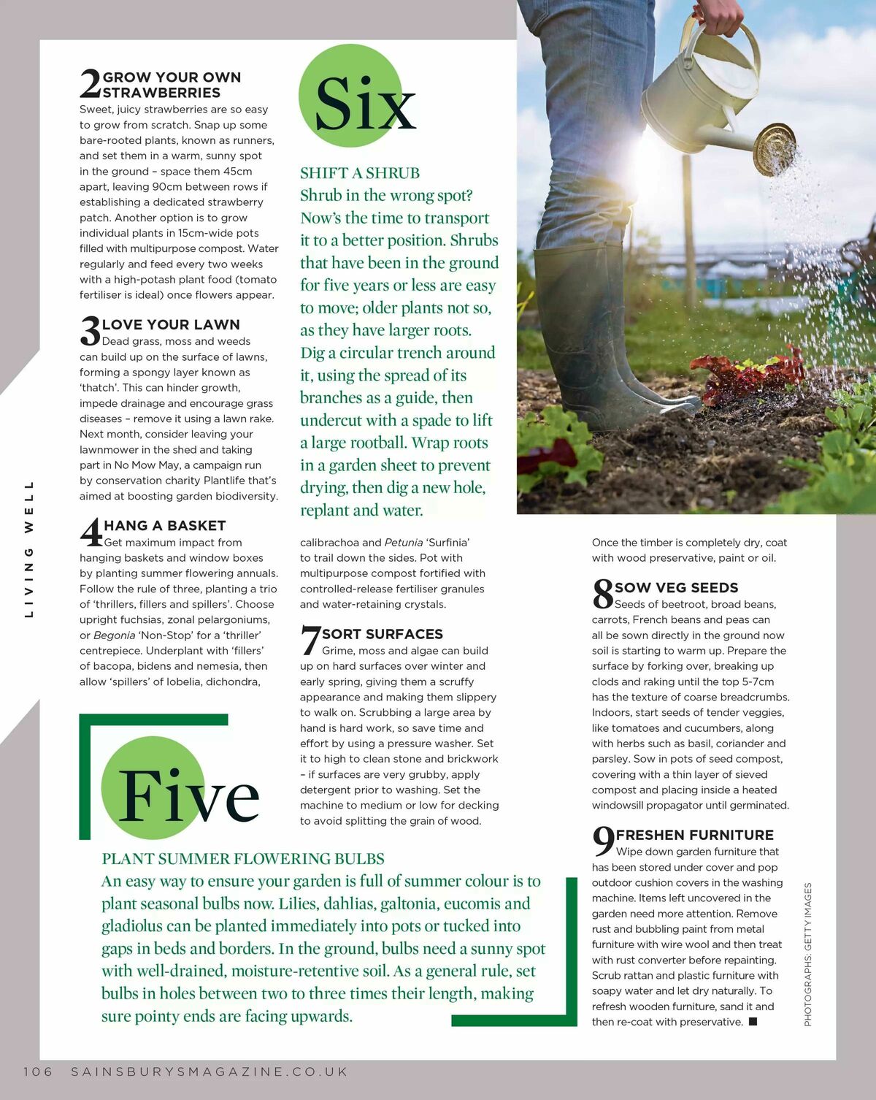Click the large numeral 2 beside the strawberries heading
coord(91,83)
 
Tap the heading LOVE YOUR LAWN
coord(171,324)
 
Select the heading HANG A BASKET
coord(165,525)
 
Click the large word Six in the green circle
coord(365,104)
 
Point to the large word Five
coord(188,795)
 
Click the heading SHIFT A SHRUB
coord(360,173)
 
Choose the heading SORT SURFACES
coord(383,634)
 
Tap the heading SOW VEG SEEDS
coord(677,587)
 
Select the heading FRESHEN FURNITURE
coord(695,835)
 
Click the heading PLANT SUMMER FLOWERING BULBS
coord(243,859)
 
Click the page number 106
coord(38,1072)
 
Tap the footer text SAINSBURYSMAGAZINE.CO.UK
coord(210,1072)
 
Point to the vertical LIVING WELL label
coord(29,549)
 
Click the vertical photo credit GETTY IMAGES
coord(808,954)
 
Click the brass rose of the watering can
coord(774,148)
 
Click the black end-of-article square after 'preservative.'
coord(753,1022)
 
